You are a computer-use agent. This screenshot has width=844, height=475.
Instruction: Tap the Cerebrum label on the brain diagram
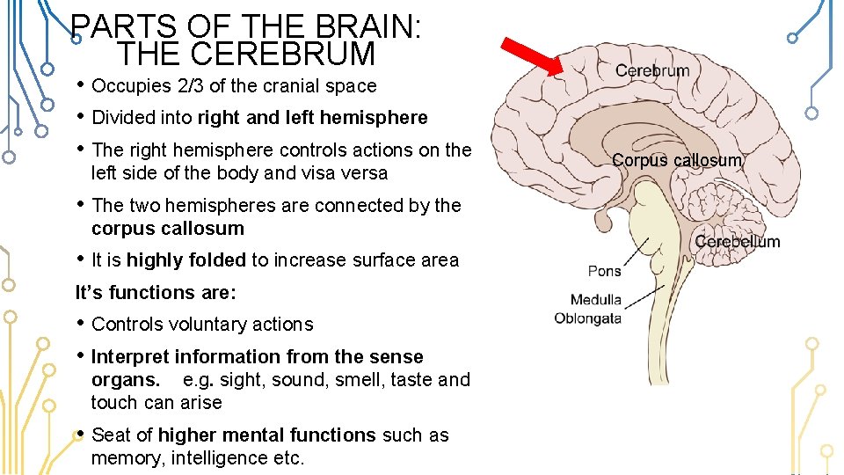pos(652,70)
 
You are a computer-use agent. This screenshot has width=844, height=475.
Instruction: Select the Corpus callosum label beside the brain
pos(677,160)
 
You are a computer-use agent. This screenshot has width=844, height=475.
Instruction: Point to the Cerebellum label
pos(737,242)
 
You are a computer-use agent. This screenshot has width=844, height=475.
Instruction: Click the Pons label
pos(604,271)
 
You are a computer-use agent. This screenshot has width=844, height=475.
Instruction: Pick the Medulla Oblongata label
pos(587,309)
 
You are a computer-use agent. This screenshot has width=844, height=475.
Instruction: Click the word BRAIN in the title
pos(353,26)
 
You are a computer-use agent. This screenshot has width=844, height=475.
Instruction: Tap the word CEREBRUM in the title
pos(245,55)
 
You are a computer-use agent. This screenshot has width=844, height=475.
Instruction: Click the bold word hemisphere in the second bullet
pos(374,118)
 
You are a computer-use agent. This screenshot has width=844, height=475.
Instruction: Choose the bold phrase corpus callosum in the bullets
pos(167,229)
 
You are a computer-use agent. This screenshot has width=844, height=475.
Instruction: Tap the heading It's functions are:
pos(156,292)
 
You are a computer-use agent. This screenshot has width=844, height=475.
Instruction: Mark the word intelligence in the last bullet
pos(220,458)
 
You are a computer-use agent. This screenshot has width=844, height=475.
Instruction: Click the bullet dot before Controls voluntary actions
pos(81,323)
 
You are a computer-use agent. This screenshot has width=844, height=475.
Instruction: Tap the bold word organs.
pos(125,380)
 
